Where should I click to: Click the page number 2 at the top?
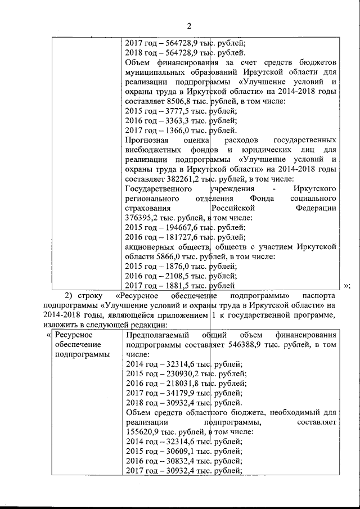click(x=189, y=25)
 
